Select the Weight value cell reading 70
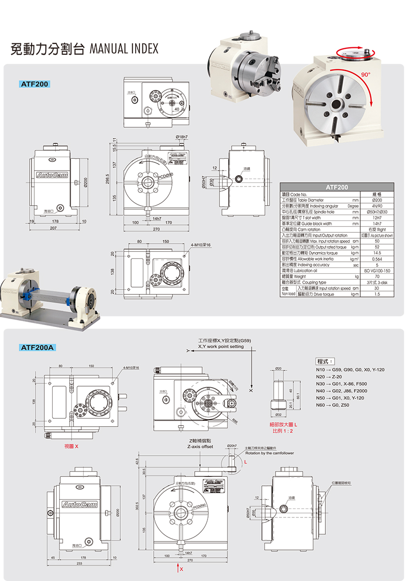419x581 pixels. tap(377, 277)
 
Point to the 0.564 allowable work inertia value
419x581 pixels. tap(377, 259)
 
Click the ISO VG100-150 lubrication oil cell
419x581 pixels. tap(377, 271)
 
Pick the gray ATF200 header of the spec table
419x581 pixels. tap(337, 187)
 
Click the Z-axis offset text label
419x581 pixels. tap(200, 446)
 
